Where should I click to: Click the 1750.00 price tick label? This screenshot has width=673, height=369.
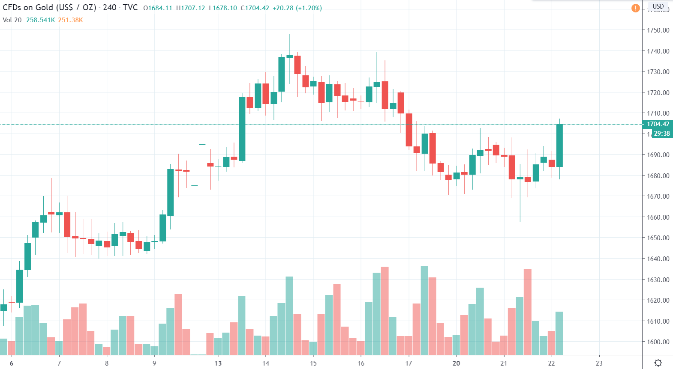pyautogui.click(x=658, y=30)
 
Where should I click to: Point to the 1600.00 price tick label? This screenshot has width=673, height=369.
pyautogui.click(x=658, y=342)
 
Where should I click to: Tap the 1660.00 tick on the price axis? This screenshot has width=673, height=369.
pyautogui.click(x=658, y=217)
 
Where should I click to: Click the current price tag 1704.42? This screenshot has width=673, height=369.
pyautogui.click(x=658, y=124)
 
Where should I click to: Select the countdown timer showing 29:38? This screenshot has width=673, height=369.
pyautogui.click(x=662, y=134)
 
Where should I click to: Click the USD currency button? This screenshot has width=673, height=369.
pyautogui.click(x=658, y=6)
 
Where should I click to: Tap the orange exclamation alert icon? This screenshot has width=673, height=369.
pyautogui.click(x=635, y=8)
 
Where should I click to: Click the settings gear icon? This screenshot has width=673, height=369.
pyautogui.click(x=658, y=363)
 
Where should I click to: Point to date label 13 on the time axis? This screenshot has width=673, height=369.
pyautogui.click(x=218, y=363)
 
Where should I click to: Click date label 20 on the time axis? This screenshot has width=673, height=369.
pyautogui.click(x=456, y=363)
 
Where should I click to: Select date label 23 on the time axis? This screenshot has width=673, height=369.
pyautogui.click(x=599, y=363)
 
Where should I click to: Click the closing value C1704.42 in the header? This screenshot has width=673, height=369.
pyautogui.click(x=255, y=8)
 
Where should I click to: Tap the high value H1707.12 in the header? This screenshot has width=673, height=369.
pyautogui.click(x=190, y=8)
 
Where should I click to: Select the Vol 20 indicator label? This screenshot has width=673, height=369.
pyautogui.click(x=12, y=20)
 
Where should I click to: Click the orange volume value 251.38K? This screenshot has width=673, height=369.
pyautogui.click(x=70, y=20)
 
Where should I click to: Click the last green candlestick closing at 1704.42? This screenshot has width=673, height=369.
pyautogui.click(x=559, y=146)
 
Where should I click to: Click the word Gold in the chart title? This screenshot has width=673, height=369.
pyautogui.click(x=44, y=8)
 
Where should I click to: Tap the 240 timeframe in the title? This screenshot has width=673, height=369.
pyautogui.click(x=109, y=8)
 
